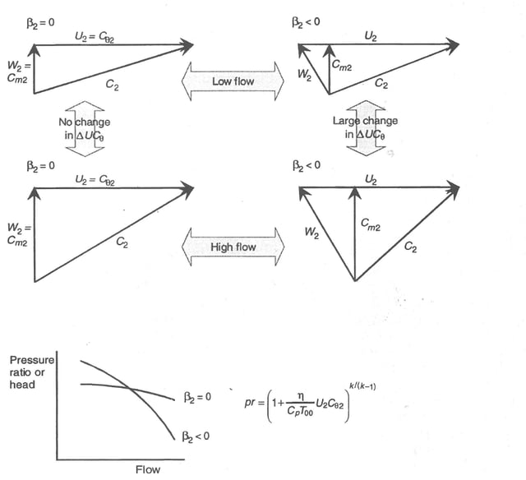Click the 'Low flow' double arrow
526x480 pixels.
(x=233, y=81)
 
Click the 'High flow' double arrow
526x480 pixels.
(x=233, y=247)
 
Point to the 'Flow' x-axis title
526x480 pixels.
(x=148, y=469)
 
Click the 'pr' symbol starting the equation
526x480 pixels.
(x=251, y=404)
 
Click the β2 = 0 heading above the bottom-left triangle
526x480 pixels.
(x=40, y=165)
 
